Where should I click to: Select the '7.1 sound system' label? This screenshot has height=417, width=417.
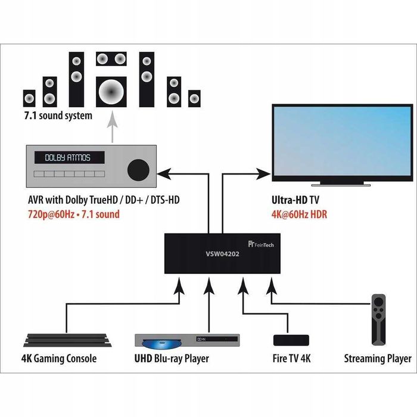(x=58, y=116)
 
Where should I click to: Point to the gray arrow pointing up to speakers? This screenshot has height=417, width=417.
(x=111, y=125)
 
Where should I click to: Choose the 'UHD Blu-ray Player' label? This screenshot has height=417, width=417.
(x=172, y=359)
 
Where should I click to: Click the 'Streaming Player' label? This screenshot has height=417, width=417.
(x=378, y=359)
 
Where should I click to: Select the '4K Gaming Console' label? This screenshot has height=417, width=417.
(x=60, y=359)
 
